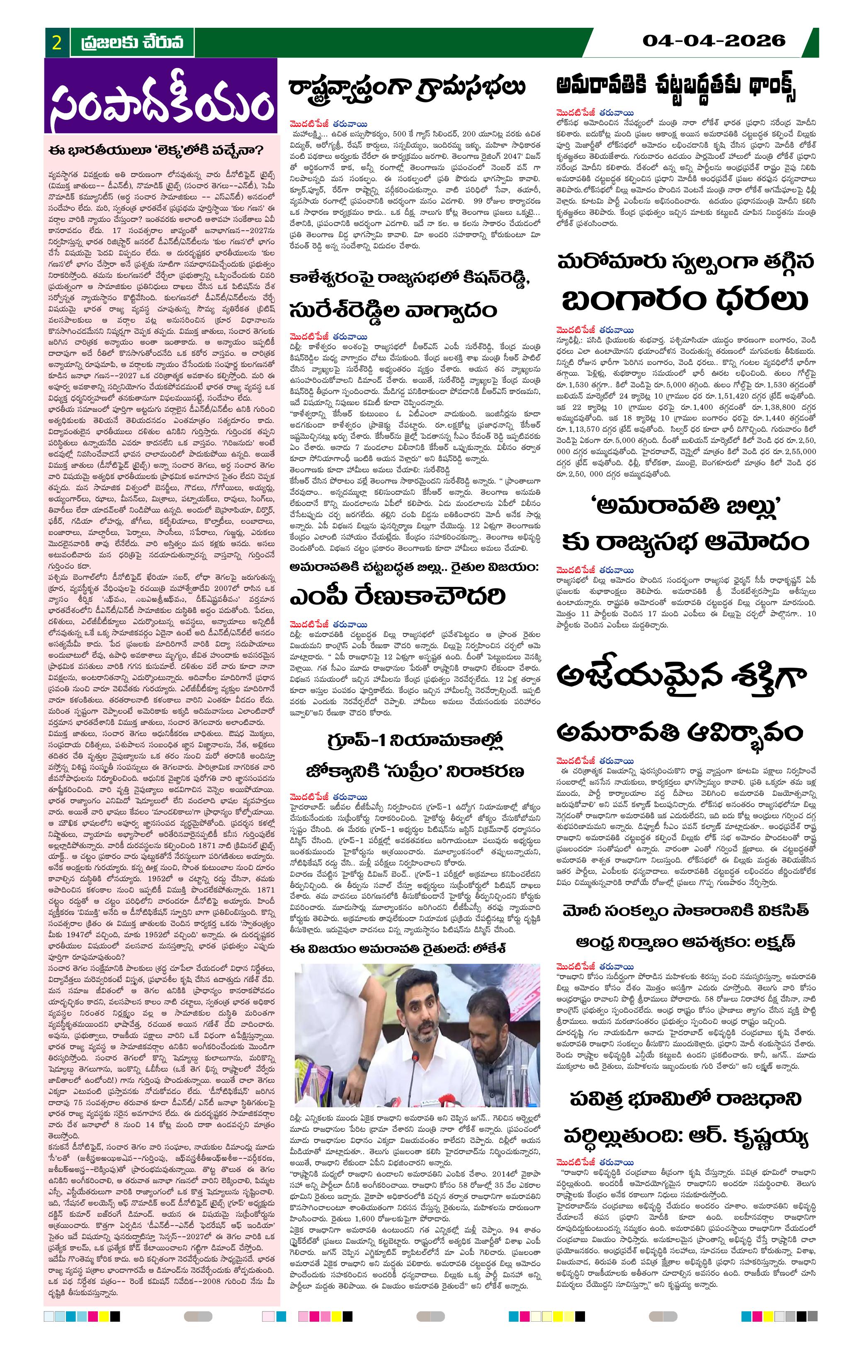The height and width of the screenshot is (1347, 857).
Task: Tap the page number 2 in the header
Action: (x=56, y=43)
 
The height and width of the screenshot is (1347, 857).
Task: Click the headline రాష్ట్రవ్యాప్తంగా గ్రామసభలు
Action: (x=407, y=88)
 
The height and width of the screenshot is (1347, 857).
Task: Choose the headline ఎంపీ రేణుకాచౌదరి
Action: (x=397, y=598)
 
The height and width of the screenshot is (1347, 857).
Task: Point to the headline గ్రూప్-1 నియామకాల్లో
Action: (x=415, y=742)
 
